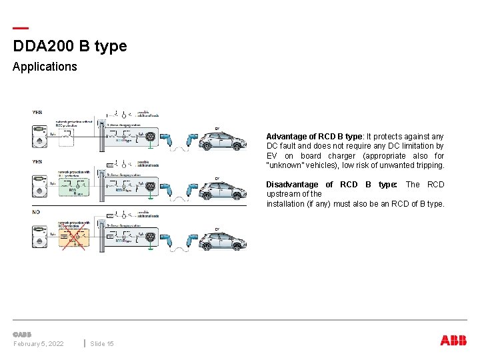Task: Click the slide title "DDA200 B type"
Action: click(69, 46)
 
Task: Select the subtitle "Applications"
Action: click(45, 67)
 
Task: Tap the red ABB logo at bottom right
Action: click(453, 341)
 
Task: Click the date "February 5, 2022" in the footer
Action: click(38, 343)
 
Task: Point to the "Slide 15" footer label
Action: click(102, 343)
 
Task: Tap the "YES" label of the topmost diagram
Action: click(37, 113)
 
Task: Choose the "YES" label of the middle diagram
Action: click(37, 162)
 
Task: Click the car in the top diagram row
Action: click(223, 141)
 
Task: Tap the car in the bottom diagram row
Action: click(223, 240)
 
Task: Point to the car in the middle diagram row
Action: click(223, 191)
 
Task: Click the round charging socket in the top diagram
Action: click(151, 137)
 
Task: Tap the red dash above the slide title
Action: click(21, 29)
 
